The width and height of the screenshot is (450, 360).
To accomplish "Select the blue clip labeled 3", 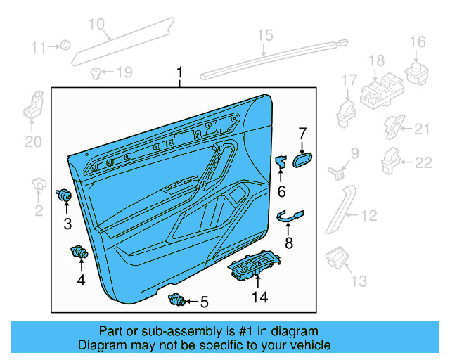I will coord(65,193).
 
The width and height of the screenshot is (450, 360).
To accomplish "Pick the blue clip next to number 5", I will coord(176,301).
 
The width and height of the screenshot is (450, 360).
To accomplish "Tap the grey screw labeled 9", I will coord(336,169).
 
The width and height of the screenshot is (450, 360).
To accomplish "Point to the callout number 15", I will coord(264,35).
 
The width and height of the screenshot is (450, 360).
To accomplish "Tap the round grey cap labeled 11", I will coord(65,46).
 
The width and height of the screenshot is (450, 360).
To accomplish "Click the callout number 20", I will coord(34,142).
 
